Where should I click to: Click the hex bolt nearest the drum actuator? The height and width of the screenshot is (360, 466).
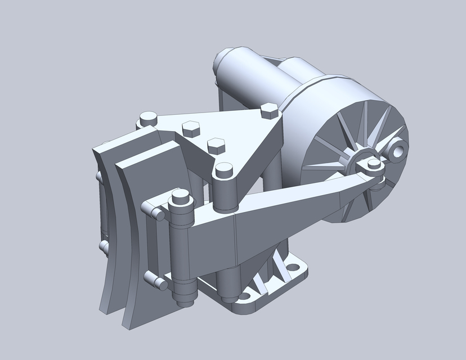[270, 110]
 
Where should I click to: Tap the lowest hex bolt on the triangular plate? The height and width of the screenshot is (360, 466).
[216, 145]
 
